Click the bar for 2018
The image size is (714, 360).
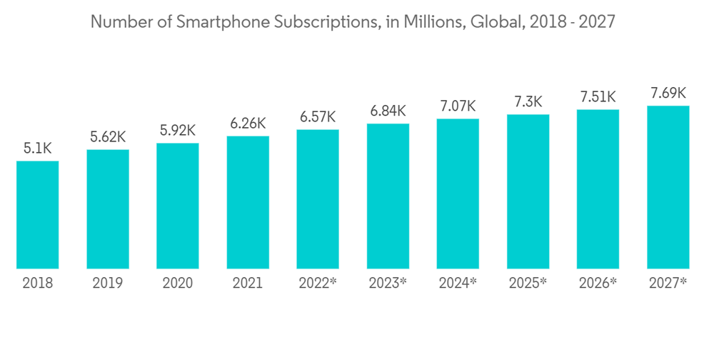click(x=38, y=215)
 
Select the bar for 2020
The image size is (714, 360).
click(x=178, y=206)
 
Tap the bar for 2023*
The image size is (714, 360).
click(x=388, y=196)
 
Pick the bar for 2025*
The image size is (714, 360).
click(x=528, y=191)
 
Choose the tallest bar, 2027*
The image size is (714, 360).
click(x=668, y=187)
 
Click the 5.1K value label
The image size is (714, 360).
click(x=38, y=149)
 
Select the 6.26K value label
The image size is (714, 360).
click(x=248, y=124)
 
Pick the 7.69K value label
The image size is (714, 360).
click(x=668, y=94)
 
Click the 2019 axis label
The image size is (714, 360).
click(x=108, y=283)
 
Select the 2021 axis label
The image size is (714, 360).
click(x=248, y=283)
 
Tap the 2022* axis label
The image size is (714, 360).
click(x=318, y=283)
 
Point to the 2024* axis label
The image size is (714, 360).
click(x=458, y=283)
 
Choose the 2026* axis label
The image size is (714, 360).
click(x=598, y=283)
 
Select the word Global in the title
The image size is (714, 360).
click(x=498, y=22)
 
